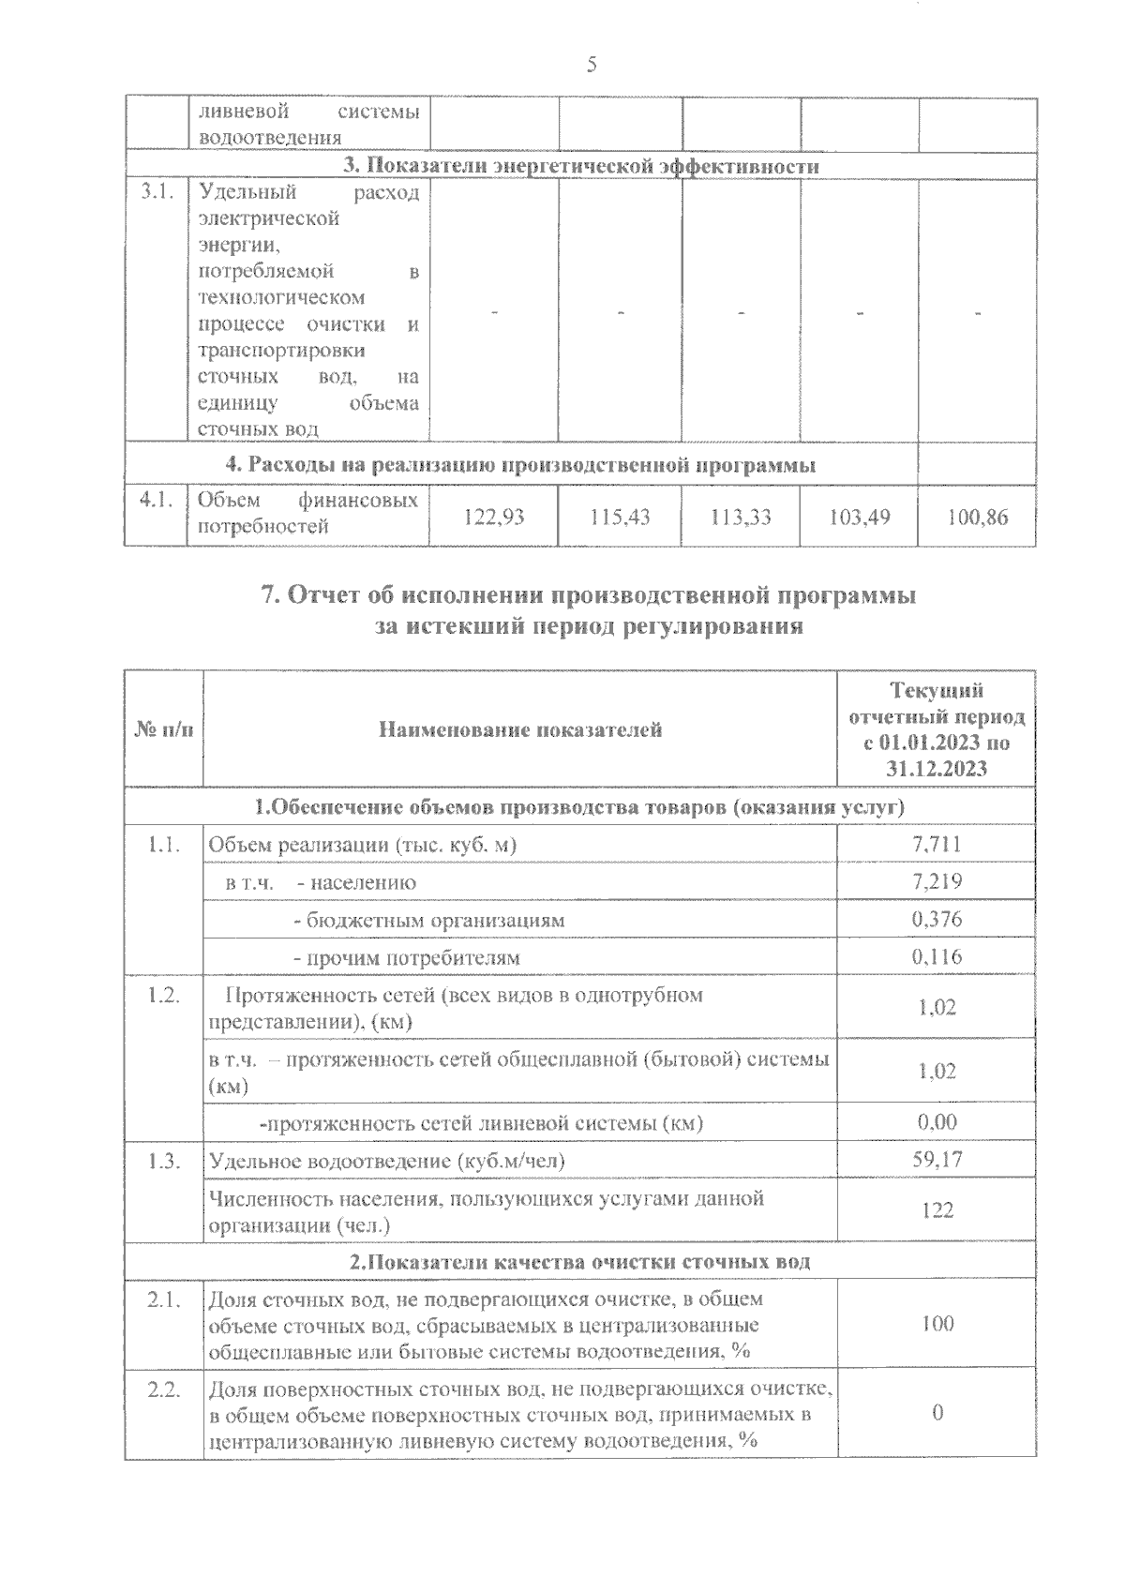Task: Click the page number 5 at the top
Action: (591, 65)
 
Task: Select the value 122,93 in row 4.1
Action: (494, 516)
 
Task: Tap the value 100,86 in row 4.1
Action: (978, 516)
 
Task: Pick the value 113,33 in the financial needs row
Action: (741, 516)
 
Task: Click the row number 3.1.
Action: (156, 193)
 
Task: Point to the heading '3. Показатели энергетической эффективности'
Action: (580, 166)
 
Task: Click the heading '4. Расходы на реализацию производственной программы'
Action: (520, 465)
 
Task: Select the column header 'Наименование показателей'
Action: (520, 729)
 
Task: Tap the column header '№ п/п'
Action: (164, 729)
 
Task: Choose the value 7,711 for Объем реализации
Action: (937, 844)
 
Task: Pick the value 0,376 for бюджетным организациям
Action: (937, 920)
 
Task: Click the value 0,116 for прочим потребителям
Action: (937, 957)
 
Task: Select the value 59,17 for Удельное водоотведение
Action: (937, 1160)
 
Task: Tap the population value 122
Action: (937, 1210)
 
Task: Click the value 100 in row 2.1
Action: (937, 1324)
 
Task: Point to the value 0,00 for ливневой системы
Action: (937, 1122)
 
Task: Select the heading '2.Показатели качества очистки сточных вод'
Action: (580, 1262)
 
